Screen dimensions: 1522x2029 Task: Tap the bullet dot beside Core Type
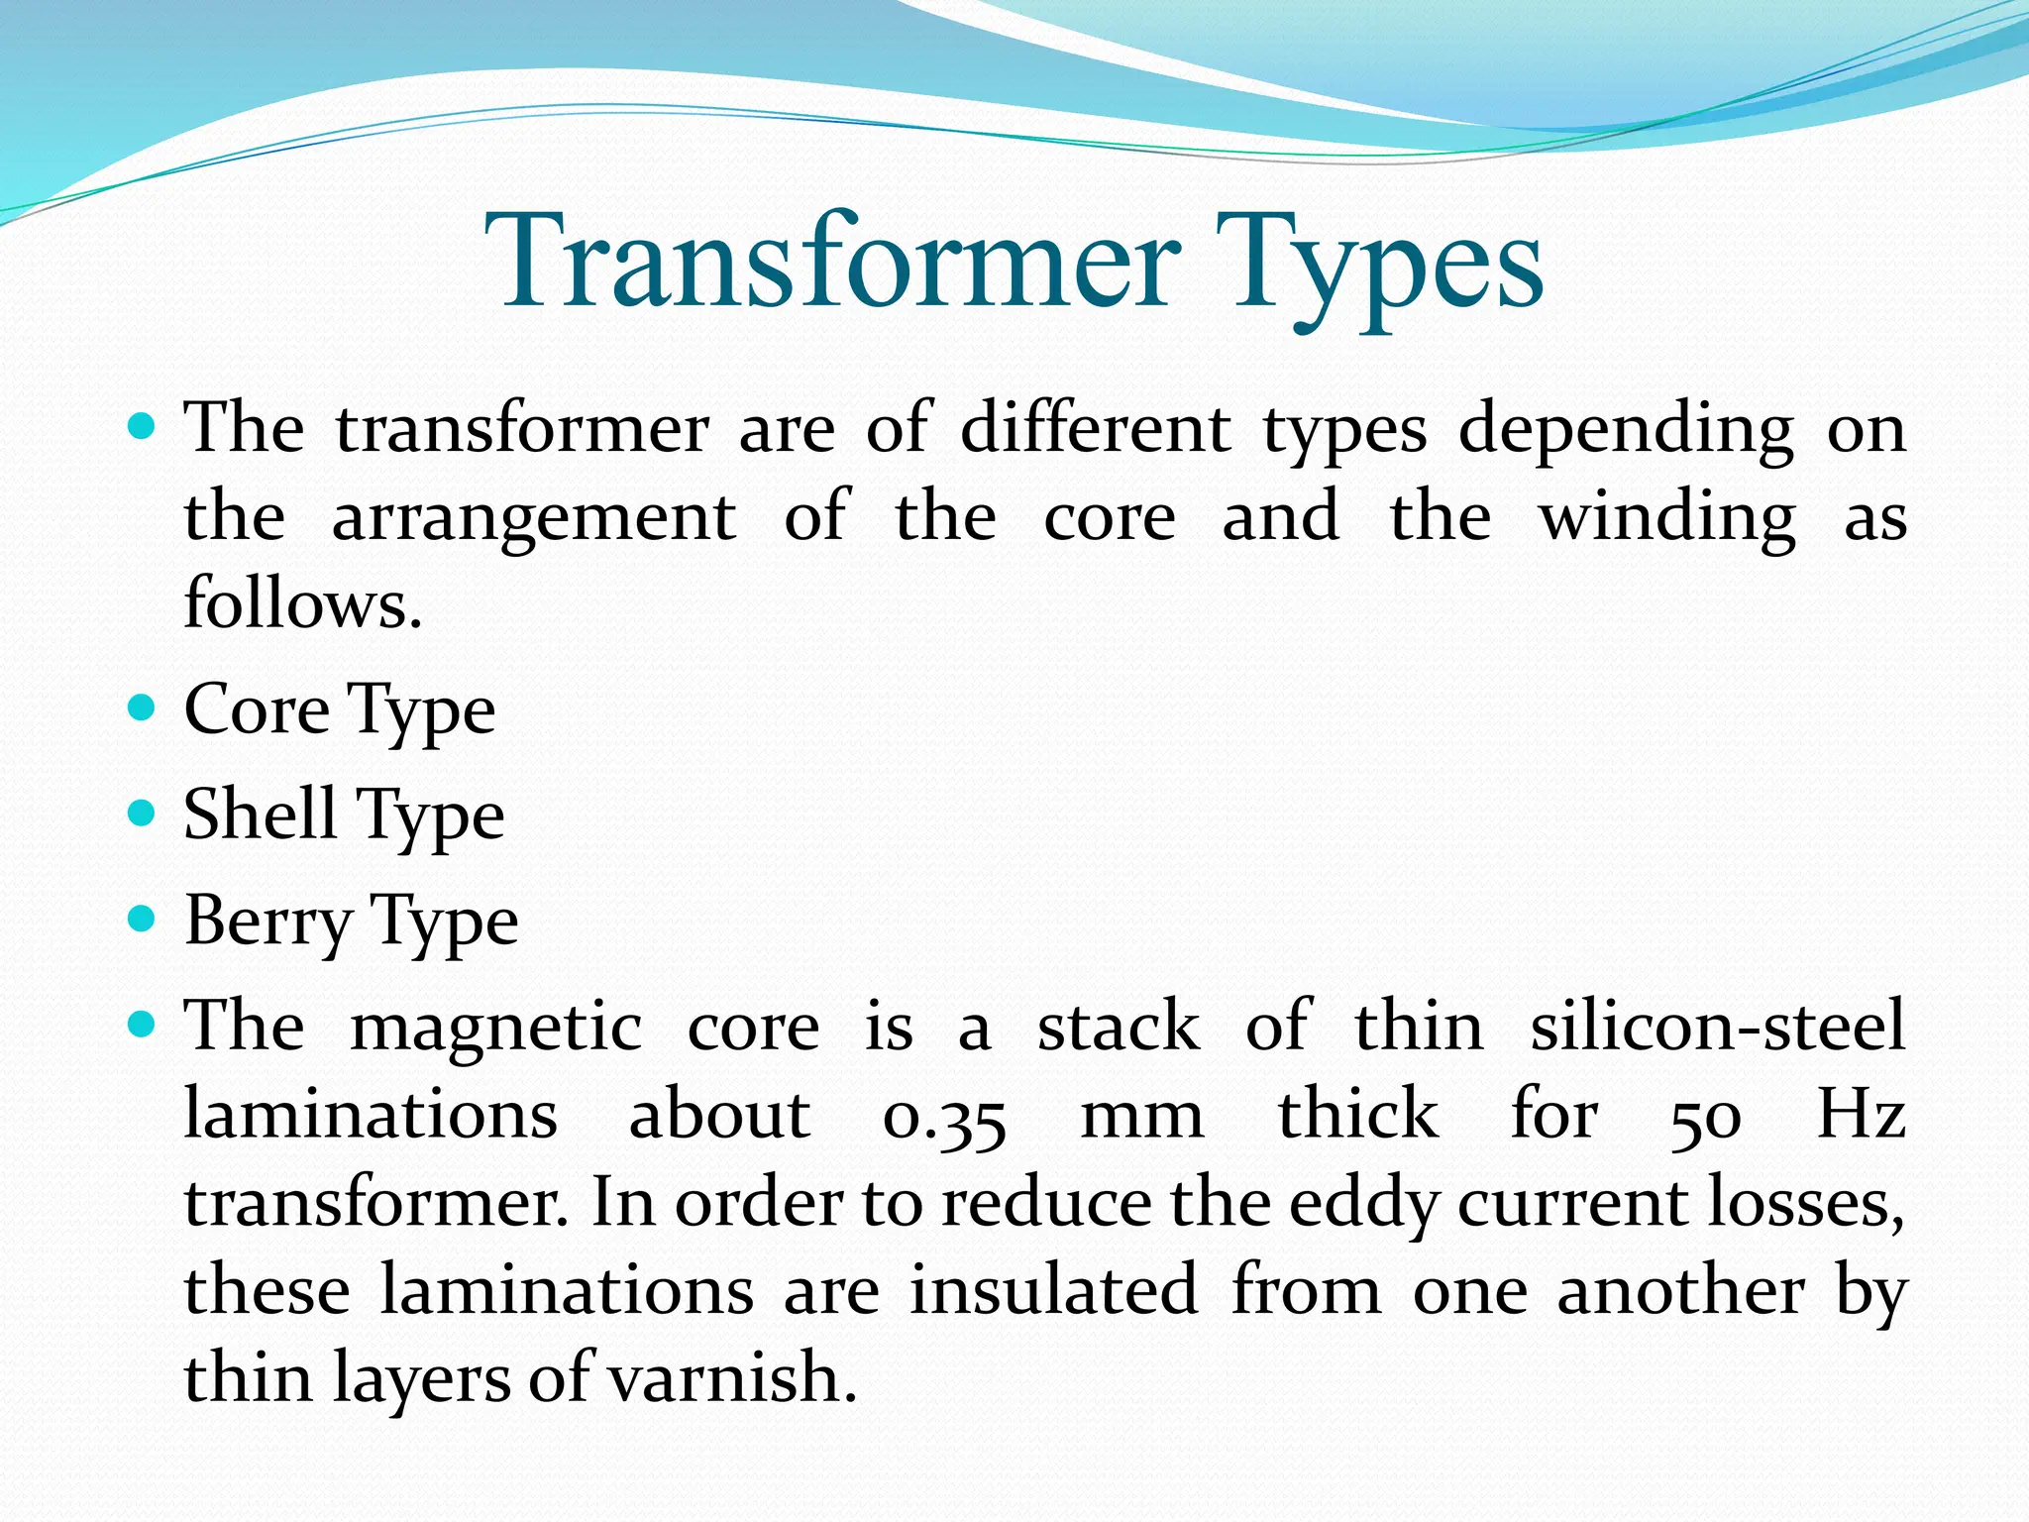[x=143, y=707]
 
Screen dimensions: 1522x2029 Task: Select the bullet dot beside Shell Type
[x=143, y=814]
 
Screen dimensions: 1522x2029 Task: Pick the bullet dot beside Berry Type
[x=143, y=920]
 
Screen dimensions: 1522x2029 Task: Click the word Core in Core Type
[x=257, y=709]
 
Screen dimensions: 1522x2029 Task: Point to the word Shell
[x=260, y=814]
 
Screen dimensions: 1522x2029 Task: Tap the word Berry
[x=267, y=922]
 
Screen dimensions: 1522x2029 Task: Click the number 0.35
[x=944, y=1118]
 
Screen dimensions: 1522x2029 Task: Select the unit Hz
[x=1861, y=1114]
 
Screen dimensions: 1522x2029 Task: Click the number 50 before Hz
[x=1704, y=1117]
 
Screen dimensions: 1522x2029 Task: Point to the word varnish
[x=731, y=1378]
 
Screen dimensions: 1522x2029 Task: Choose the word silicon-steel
[x=1717, y=1026]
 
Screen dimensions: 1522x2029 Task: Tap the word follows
[x=302, y=602]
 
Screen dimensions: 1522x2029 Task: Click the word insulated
[x=1054, y=1290]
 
